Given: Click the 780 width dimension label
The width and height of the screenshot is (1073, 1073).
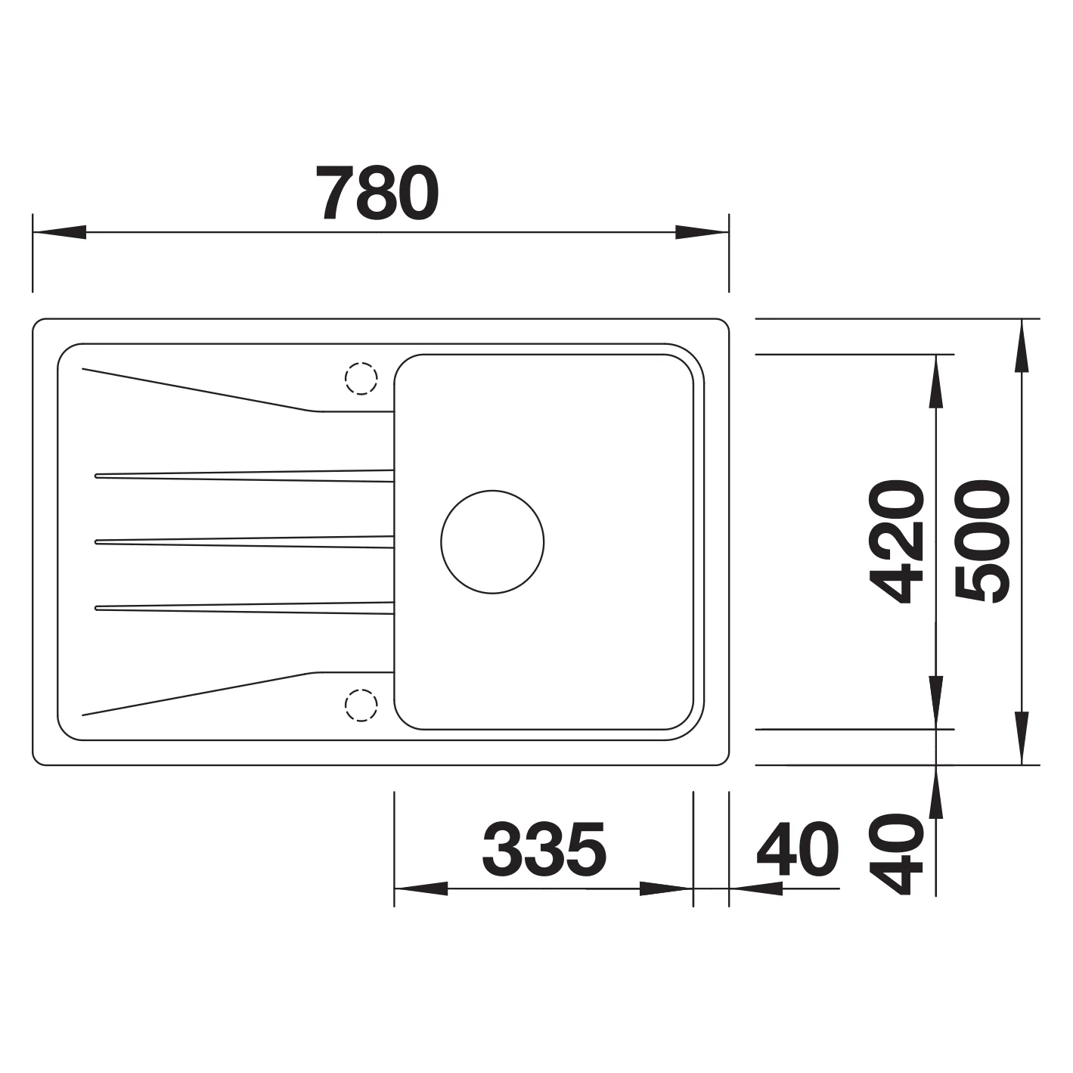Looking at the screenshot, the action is (378, 193).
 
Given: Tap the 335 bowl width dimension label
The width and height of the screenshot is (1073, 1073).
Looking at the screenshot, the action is (544, 850).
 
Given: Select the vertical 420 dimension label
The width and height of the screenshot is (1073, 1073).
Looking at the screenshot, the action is (897, 541).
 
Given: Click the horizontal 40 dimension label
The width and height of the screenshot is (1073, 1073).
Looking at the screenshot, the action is (797, 850).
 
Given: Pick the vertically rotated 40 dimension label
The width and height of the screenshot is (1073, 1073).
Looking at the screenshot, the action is (897, 854).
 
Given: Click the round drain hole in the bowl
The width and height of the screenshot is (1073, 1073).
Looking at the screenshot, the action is (492, 541).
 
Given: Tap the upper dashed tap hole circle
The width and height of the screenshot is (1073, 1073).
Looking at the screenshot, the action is (361, 379).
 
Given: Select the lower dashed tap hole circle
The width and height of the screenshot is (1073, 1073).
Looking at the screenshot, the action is (361, 705).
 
